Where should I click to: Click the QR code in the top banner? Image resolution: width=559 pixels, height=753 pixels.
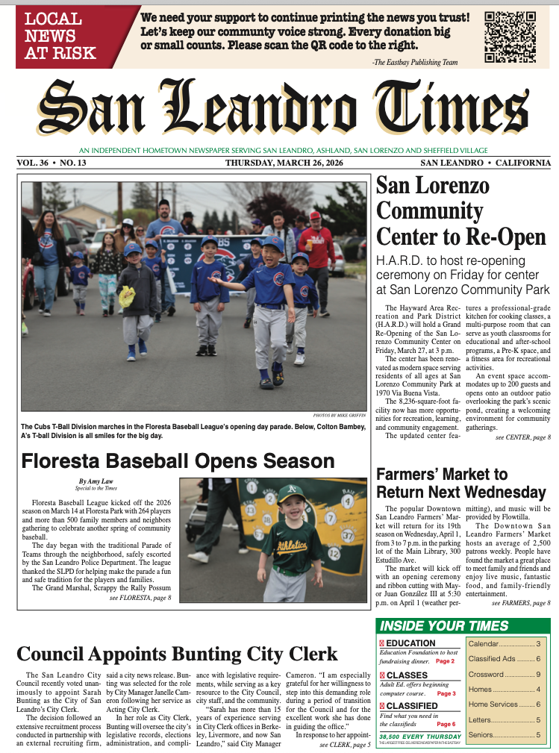(510, 37)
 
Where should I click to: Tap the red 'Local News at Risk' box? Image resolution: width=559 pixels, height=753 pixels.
(61, 36)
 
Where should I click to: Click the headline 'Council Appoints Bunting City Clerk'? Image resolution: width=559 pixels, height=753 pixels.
(177, 654)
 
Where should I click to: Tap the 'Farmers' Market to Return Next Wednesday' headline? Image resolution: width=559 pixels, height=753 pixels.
(461, 484)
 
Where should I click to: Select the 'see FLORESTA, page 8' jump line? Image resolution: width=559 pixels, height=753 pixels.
(140, 598)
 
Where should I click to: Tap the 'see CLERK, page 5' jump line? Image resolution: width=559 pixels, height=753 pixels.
(345, 745)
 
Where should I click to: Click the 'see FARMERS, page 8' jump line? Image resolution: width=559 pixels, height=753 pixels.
(521, 602)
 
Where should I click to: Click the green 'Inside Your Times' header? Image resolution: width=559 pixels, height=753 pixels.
(444, 626)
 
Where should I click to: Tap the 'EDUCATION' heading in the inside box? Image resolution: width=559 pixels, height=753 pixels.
(410, 643)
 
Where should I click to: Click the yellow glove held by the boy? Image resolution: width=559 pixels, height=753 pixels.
(127, 297)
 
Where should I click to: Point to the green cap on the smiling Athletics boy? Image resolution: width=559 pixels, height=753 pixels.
(291, 493)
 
